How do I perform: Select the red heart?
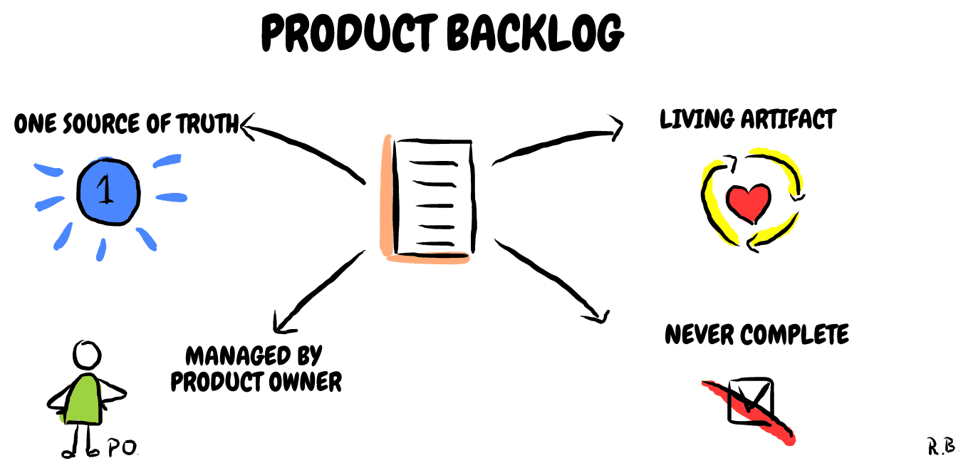749,201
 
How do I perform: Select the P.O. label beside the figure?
122,447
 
